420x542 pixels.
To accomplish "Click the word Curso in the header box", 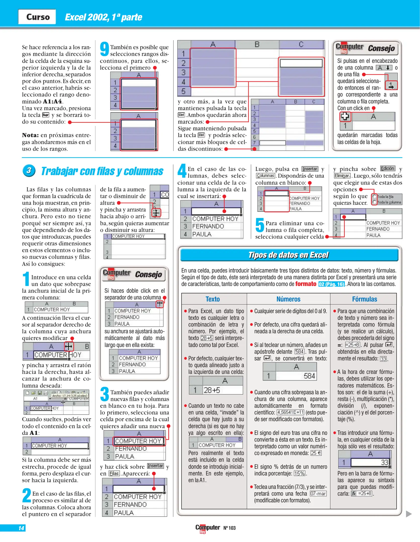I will click(38, 17).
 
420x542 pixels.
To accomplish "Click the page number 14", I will click(21, 528).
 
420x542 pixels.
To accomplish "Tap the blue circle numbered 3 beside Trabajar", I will click(29, 171).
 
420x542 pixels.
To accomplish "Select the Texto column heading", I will click(213, 299).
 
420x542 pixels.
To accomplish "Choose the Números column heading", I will click(288, 299).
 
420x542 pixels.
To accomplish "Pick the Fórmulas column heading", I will click(364, 299).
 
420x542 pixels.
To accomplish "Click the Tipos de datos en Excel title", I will click(288, 255).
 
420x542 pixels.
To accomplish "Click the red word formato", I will click(306, 284).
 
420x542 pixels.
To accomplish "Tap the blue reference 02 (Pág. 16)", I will click(332, 284).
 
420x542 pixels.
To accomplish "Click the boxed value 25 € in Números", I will click(316, 453).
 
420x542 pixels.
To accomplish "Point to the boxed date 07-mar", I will click(318, 494).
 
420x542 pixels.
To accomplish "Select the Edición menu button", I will click(388, 168).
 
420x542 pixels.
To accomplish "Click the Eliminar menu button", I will click(342, 176).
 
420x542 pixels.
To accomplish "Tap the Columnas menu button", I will click(265, 176).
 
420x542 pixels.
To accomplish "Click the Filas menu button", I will click(114, 473).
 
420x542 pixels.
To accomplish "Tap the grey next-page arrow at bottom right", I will click(409, 514).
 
